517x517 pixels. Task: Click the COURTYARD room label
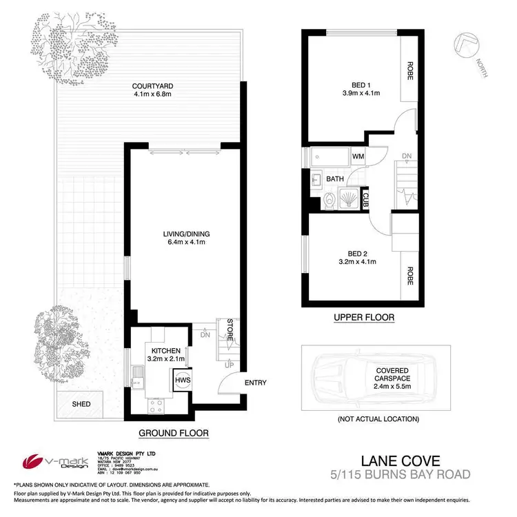(x=148, y=87)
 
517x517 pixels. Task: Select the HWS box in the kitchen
(x=183, y=380)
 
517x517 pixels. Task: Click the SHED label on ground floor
(x=81, y=403)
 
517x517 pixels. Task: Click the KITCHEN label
(x=166, y=351)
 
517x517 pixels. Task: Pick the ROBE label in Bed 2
(x=410, y=276)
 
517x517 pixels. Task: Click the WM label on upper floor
(x=358, y=156)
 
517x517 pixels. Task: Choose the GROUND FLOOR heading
(x=174, y=433)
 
